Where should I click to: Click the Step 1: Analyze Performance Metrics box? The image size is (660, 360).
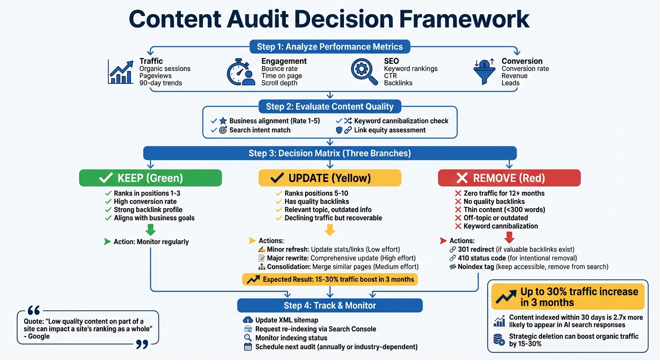(x=330, y=46)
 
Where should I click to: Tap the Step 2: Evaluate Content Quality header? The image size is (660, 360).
(x=330, y=106)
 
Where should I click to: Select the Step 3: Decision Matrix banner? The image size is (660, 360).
(x=330, y=153)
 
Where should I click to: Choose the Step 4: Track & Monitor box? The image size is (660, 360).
(x=330, y=306)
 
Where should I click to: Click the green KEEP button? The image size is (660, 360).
(x=150, y=178)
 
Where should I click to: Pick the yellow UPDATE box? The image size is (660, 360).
(x=330, y=178)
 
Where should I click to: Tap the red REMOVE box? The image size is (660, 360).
(x=509, y=178)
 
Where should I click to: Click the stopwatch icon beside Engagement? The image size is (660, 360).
(x=240, y=72)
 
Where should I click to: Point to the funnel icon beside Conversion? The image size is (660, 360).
(x=485, y=72)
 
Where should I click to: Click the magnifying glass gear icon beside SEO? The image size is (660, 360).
(x=364, y=72)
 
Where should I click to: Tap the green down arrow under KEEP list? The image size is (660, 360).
(x=150, y=229)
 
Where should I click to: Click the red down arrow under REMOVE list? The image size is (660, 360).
(x=509, y=237)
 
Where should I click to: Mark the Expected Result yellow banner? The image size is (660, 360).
(x=330, y=279)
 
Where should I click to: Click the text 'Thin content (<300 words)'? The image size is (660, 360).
(x=504, y=210)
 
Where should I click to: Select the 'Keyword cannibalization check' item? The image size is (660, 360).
(x=401, y=121)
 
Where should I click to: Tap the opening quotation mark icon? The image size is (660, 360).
(x=34, y=311)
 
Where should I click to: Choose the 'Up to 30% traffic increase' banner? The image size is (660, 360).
(x=568, y=297)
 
